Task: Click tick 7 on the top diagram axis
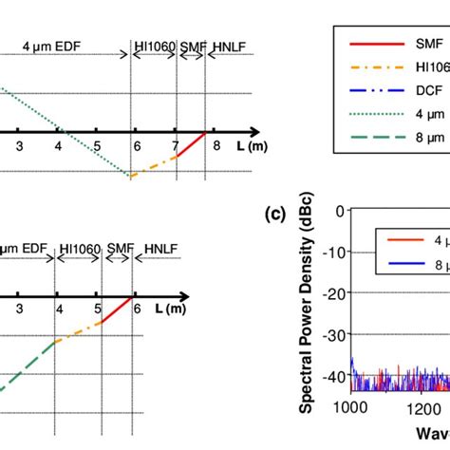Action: (x=177, y=144)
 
